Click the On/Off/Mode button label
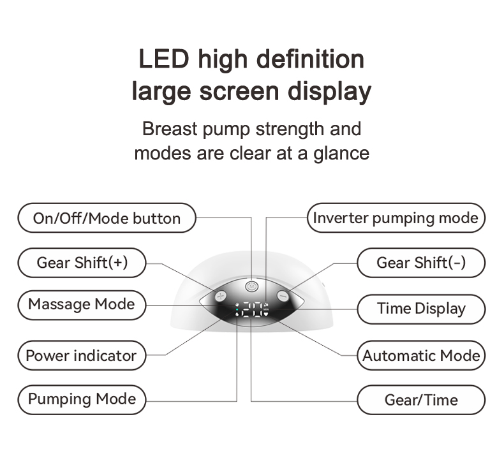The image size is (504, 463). point(107,219)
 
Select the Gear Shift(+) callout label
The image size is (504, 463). point(82,263)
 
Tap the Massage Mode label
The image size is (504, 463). point(82,304)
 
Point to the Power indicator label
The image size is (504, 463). point(81,355)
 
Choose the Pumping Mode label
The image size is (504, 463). point(82,400)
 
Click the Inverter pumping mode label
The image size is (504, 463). point(396,218)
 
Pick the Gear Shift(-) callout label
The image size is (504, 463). point(421,263)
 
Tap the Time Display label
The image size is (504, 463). point(421,309)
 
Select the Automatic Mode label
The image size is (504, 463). point(421,355)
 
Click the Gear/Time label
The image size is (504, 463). point(421,401)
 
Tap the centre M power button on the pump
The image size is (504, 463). point(251,286)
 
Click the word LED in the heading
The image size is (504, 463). point(162,59)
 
